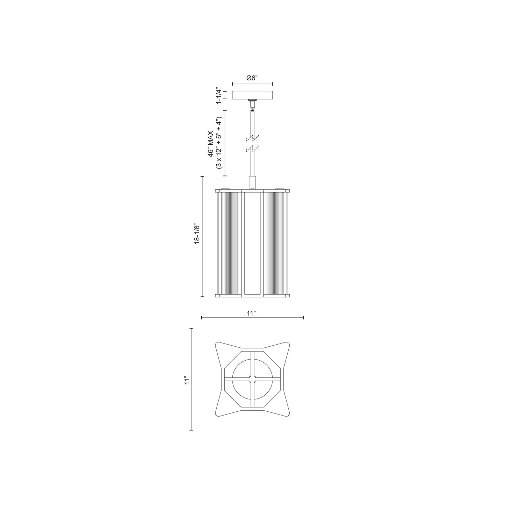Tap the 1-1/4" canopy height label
point(219,95)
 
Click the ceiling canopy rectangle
point(252,95)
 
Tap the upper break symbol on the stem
point(252,138)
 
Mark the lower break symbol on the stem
point(252,150)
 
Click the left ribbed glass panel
point(230,243)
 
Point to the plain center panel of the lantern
point(252,243)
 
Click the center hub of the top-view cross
point(252,378)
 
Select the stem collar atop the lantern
point(252,182)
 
